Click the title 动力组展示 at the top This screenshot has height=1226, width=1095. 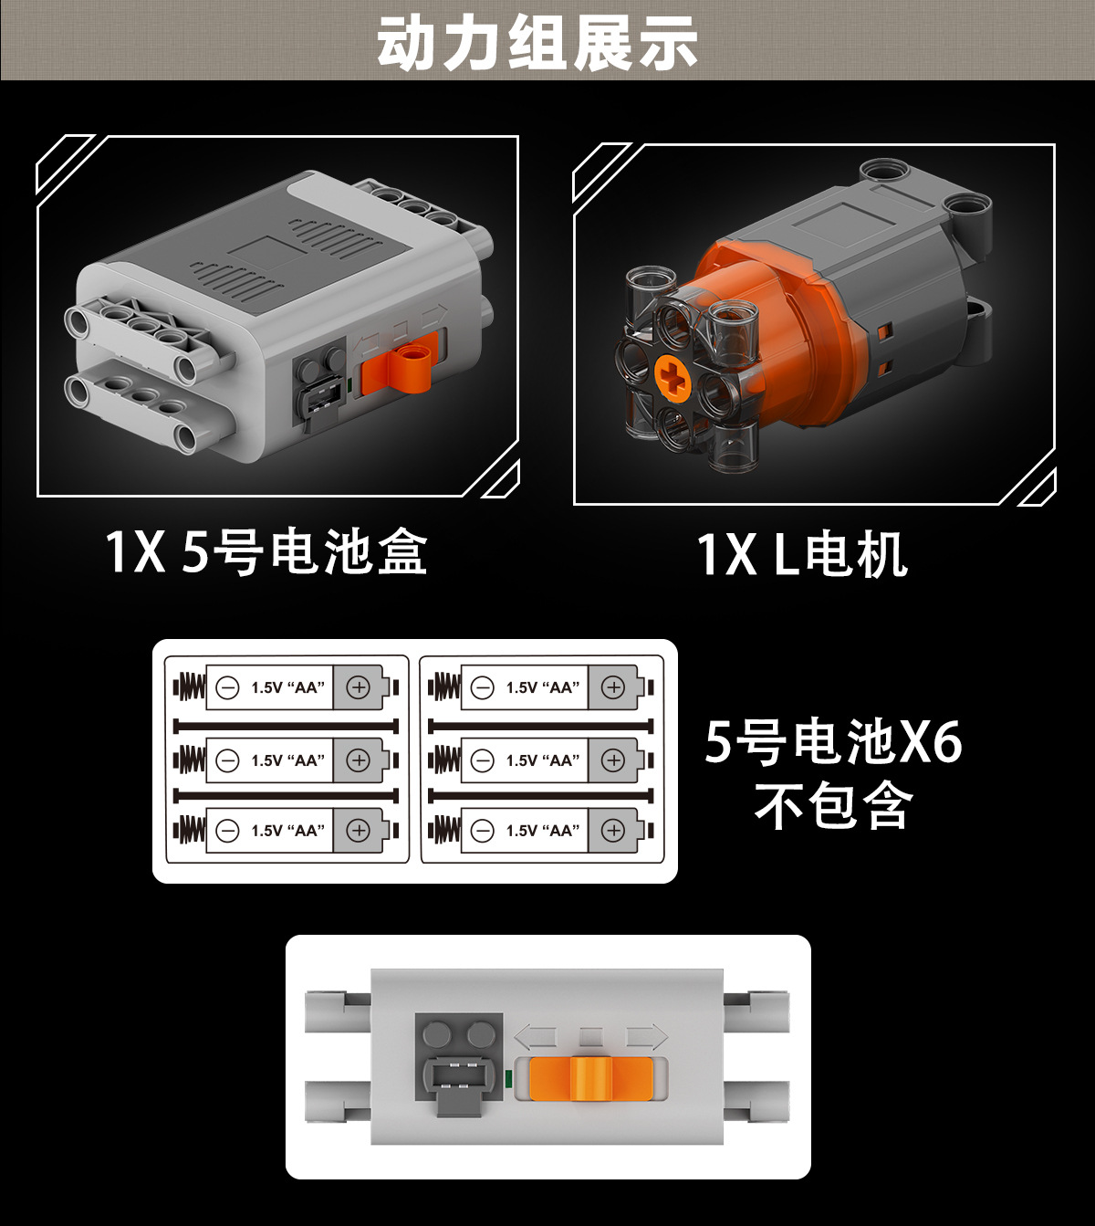pos(537,42)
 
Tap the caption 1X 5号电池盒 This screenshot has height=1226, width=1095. pos(266,551)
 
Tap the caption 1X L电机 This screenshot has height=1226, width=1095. pos(802,554)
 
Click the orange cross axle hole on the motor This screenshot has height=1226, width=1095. pos(673,377)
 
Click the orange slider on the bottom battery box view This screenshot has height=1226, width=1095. pos(591,1079)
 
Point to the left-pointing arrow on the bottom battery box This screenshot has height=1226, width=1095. pos(536,1037)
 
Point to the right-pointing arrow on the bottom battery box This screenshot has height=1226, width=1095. pos(646,1037)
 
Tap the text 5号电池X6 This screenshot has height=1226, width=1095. pos(833,741)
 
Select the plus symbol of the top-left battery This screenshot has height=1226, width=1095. pos(359,687)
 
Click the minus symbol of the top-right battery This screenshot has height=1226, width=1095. pos(483,687)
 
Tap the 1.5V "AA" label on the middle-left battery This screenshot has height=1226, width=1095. pos(288,760)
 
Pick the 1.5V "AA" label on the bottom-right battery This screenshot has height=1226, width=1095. pos(543,831)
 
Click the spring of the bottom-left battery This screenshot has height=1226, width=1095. pos(190,830)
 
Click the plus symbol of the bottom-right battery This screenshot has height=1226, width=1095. pos(613,830)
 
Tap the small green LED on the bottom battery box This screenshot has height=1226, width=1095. pos(508,1079)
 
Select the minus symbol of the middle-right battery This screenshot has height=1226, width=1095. pos(483,760)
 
